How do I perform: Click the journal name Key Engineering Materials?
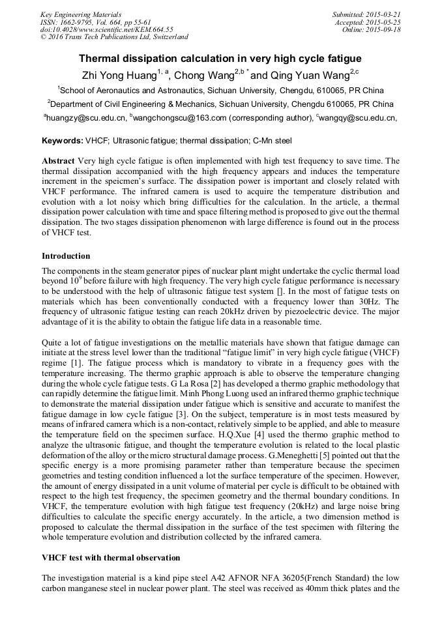tap(80, 14)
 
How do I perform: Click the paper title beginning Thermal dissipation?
tap(220, 59)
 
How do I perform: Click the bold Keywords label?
tap(63, 141)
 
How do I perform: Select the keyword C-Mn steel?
tap(273, 141)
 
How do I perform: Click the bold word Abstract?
tap(58, 161)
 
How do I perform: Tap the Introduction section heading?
tap(66, 255)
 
